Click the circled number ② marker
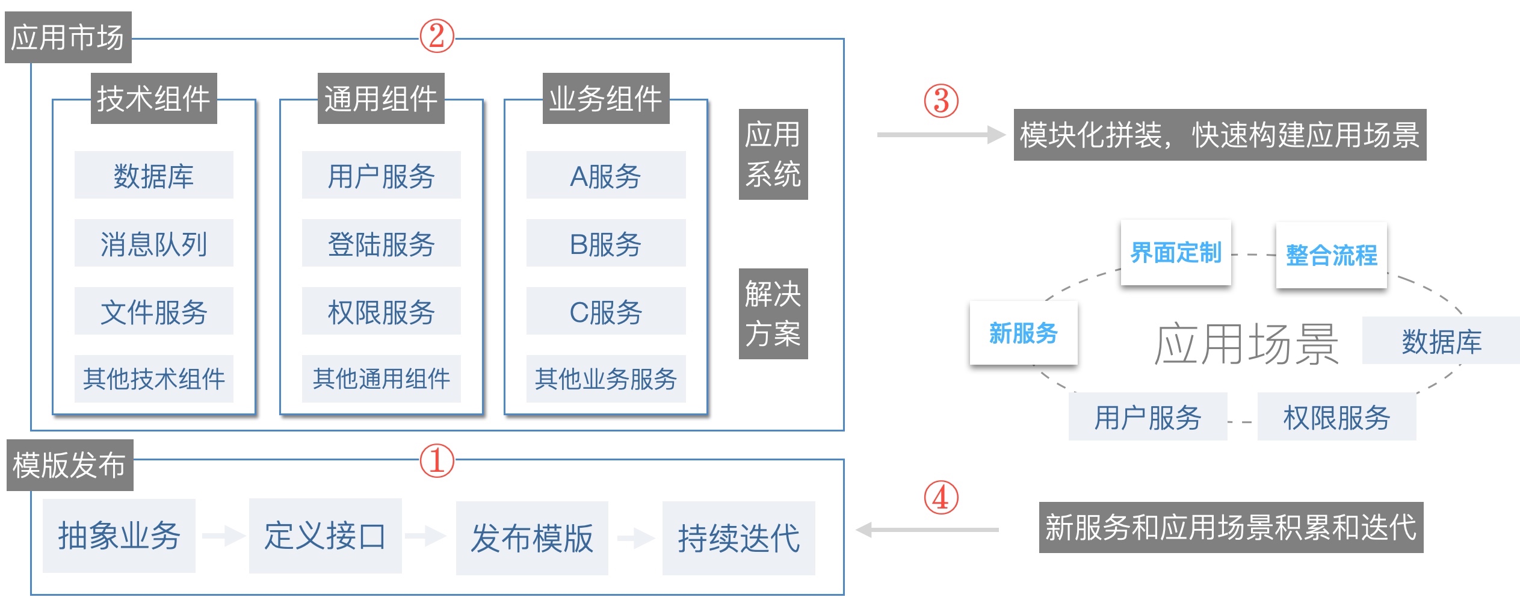coord(436,36)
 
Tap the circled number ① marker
coord(436,461)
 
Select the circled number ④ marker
coord(941,498)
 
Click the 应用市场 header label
coord(68,37)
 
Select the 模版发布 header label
coord(70,465)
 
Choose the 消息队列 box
coord(153,243)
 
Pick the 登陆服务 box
coord(381,243)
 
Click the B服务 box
coord(605,243)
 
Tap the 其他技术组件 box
coord(153,379)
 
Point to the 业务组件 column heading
coord(605,99)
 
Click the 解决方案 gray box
coord(773,314)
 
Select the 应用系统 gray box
coord(773,154)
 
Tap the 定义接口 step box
coord(325,536)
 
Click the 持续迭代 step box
coord(738,538)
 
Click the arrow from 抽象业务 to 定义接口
coord(222,535)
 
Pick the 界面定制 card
coord(1175,253)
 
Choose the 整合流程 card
coord(1331,255)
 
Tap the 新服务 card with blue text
coord(1023,333)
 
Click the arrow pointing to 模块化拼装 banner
coord(941,135)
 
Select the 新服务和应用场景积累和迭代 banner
coord(1231,527)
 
